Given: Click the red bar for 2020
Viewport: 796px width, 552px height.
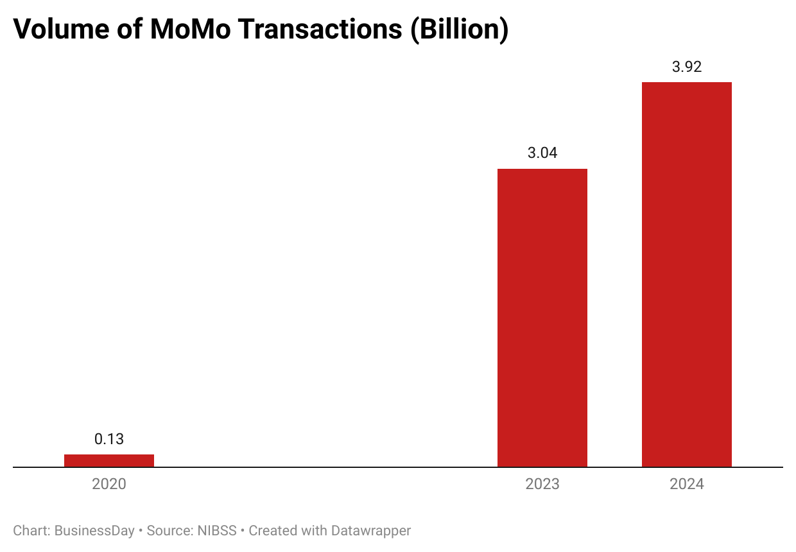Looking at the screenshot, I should (x=109, y=460).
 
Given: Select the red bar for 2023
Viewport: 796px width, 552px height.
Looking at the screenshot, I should (x=542, y=318).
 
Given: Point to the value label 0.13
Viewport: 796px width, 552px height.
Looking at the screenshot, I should (x=109, y=440).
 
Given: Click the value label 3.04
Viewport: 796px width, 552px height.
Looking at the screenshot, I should (x=542, y=153).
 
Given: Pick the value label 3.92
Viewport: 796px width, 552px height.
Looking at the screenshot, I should (x=687, y=67).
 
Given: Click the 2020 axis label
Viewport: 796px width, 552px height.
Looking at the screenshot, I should (x=109, y=484).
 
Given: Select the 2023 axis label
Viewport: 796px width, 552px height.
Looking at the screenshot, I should (x=542, y=484).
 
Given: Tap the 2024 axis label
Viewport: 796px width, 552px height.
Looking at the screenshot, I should (x=687, y=484).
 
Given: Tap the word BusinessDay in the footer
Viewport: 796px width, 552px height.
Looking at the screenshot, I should (x=94, y=531).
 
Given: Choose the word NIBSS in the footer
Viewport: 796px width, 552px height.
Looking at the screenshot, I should (x=217, y=531).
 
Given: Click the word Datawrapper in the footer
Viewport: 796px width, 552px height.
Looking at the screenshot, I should (x=370, y=531).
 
